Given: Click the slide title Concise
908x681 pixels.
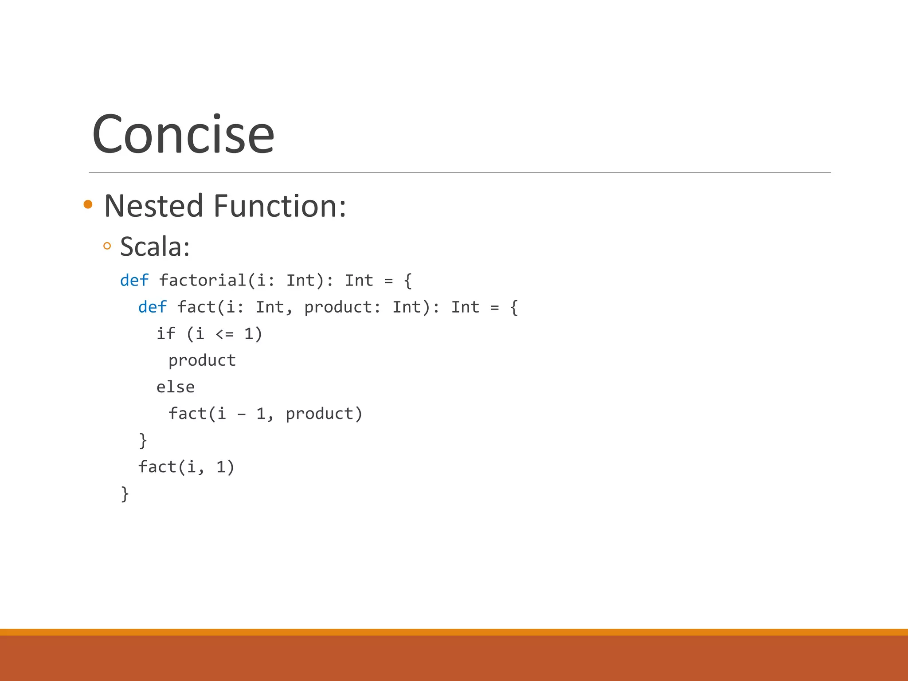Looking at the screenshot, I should (x=183, y=134).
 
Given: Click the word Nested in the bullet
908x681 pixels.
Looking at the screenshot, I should (x=153, y=206).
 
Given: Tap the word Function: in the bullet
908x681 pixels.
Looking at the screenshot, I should (x=280, y=206).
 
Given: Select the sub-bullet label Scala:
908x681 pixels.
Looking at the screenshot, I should (x=155, y=247).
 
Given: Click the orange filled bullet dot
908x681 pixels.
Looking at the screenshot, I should (x=88, y=204).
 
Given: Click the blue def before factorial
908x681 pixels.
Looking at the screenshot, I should (x=134, y=281).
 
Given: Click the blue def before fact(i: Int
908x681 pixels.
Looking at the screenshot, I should (x=153, y=307).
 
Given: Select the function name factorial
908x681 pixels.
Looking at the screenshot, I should (x=202, y=281).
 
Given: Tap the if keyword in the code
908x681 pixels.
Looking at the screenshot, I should (x=166, y=334).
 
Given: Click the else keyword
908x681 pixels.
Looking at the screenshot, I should (x=176, y=387).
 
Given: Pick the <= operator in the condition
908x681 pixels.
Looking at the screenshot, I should (x=224, y=334).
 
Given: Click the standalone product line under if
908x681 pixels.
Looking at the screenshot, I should (x=202, y=360).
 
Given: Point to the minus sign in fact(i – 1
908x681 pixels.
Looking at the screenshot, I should (x=241, y=414).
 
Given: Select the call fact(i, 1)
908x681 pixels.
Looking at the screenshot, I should (x=186, y=467).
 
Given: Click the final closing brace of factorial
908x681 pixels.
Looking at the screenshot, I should (x=125, y=493).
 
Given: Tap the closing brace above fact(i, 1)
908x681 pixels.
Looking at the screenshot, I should (x=143, y=440).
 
